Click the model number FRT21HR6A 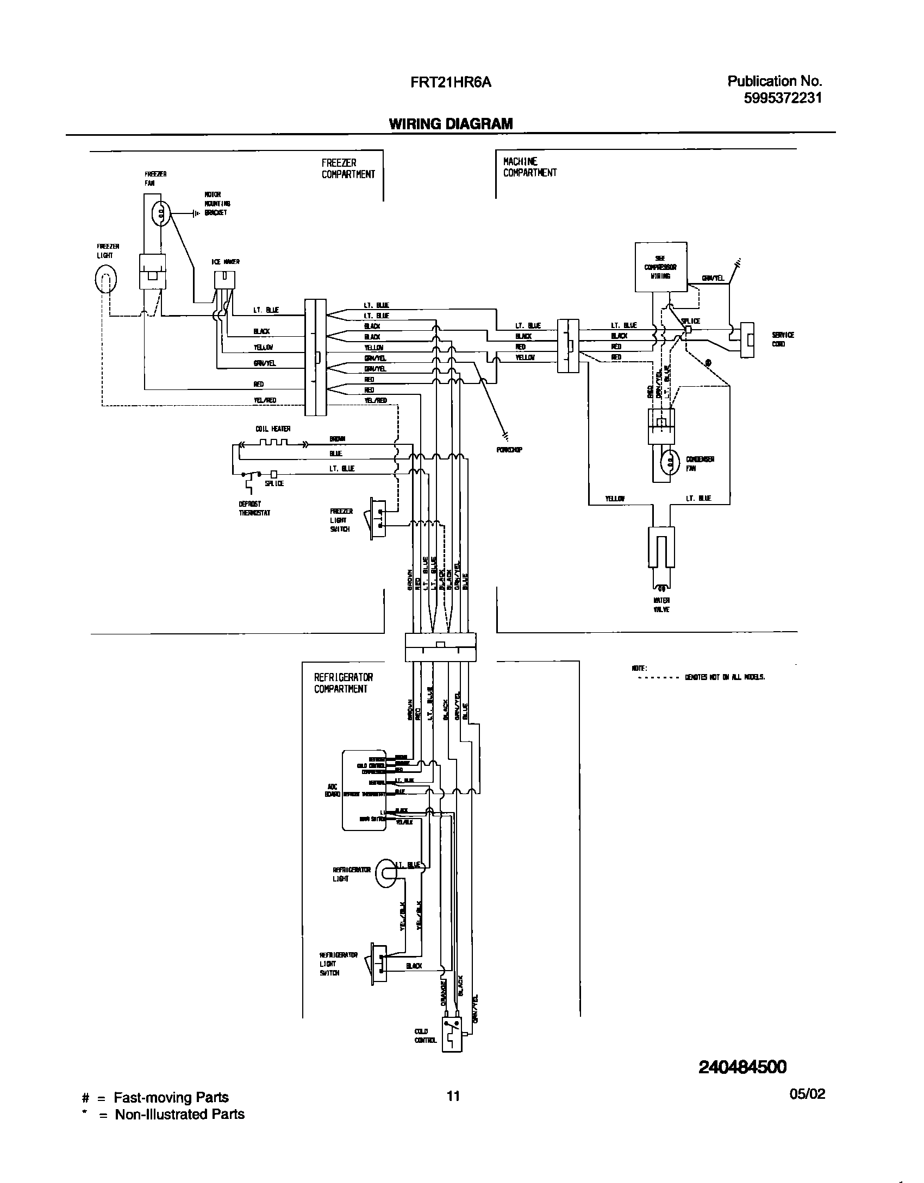[451, 83]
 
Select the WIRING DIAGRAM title [451, 124]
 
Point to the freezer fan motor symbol [160, 213]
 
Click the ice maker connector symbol [224, 280]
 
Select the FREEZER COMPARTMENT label [348, 168]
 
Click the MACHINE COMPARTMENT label [529, 167]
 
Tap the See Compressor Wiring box [660, 267]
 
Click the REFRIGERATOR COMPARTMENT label [343, 683]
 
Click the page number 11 [453, 1111]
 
